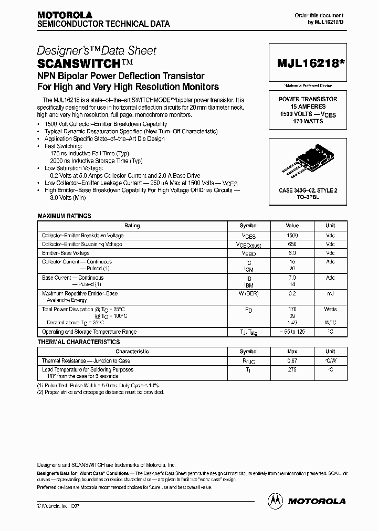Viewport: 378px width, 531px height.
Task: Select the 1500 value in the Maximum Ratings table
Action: tap(292, 236)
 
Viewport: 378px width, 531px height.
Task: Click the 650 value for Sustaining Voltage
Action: tap(292, 245)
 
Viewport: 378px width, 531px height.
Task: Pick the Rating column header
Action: tap(132, 226)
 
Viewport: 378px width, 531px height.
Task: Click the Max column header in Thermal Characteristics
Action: tap(292, 352)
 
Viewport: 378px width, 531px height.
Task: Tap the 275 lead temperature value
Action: tap(292, 369)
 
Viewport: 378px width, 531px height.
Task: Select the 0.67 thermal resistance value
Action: tap(292, 361)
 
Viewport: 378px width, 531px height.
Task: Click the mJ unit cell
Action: tap(330, 294)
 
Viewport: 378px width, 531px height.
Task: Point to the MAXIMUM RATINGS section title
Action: tap(65, 216)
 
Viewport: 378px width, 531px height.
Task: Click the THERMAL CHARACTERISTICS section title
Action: tap(79, 342)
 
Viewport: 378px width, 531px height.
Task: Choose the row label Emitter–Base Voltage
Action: tap(66, 253)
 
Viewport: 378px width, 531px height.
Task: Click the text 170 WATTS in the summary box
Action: tap(308, 121)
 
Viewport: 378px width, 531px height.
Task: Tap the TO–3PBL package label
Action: tap(308, 197)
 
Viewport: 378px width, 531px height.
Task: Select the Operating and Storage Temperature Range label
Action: tap(89, 332)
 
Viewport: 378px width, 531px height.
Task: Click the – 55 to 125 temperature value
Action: tap(292, 332)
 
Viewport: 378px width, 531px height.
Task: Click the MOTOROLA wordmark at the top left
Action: tap(65, 15)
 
